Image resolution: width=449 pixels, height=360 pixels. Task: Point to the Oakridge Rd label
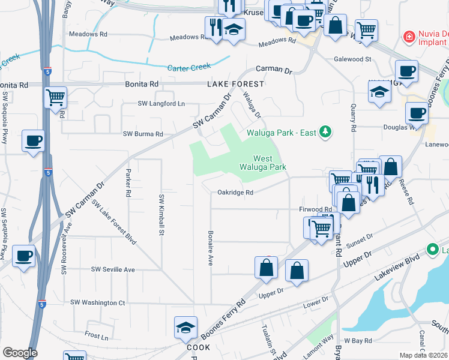[235, 193]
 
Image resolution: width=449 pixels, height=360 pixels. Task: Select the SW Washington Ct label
[97, 302]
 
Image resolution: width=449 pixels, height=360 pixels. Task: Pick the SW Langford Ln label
[161, 104]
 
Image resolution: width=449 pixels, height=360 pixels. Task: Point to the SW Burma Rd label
[143, 134]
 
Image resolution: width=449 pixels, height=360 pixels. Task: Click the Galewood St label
[354, 59]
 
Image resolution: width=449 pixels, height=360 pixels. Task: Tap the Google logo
[20, 353]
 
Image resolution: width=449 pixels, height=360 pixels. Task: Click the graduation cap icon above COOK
[185, 328]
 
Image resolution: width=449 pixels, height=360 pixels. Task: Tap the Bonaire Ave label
[211, 248]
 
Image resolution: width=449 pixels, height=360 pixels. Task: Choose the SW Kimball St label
[161, 214]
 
